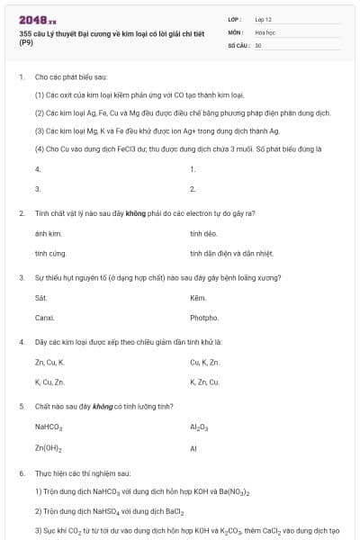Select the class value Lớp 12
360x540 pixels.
[264, 19]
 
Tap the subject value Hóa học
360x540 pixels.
[265, 31]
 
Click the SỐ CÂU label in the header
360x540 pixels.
[237, 44]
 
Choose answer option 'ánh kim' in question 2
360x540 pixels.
[42, 233]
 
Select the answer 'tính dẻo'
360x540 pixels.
[202, 233]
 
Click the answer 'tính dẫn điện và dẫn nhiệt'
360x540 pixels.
[224, 253]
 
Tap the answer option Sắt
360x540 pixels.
[40, 297]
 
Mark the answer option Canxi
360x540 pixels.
[44, 318]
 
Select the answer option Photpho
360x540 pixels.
[204, 318]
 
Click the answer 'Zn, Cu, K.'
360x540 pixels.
[49, 362]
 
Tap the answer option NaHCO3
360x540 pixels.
[49, 427]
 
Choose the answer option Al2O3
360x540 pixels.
[199, 427]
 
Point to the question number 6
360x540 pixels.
[22, 472]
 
